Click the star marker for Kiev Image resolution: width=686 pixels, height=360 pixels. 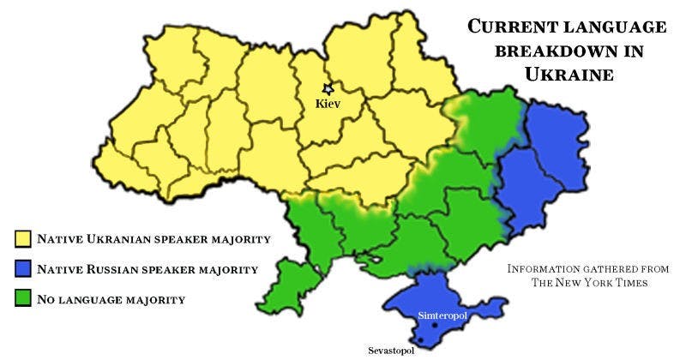tap(327, 88)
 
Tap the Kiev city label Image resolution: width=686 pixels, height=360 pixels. tap(328, 104)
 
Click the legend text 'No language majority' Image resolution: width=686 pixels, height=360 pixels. tap(111, 299)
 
